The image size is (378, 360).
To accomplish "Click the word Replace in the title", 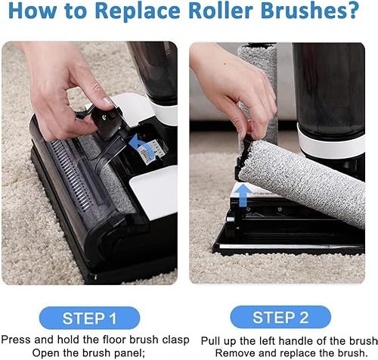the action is click(x=138, y=11).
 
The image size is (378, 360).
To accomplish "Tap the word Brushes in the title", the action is click(x=300, y=10).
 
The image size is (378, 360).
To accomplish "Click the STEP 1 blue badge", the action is click(x=89, y=318).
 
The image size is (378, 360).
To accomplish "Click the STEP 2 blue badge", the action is click(x=280, y=317).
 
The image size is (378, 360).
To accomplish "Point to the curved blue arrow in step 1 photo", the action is click(x=139, y=146).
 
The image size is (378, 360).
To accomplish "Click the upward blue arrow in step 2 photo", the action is click(x=243, y=195).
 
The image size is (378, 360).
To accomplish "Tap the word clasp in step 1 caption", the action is click(x=175, y=340).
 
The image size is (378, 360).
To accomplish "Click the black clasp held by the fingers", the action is click(x=107, y=122).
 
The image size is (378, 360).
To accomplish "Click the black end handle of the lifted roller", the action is click(x=243, y=156).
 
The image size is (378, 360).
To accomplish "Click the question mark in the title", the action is click(x=352, y=10).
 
